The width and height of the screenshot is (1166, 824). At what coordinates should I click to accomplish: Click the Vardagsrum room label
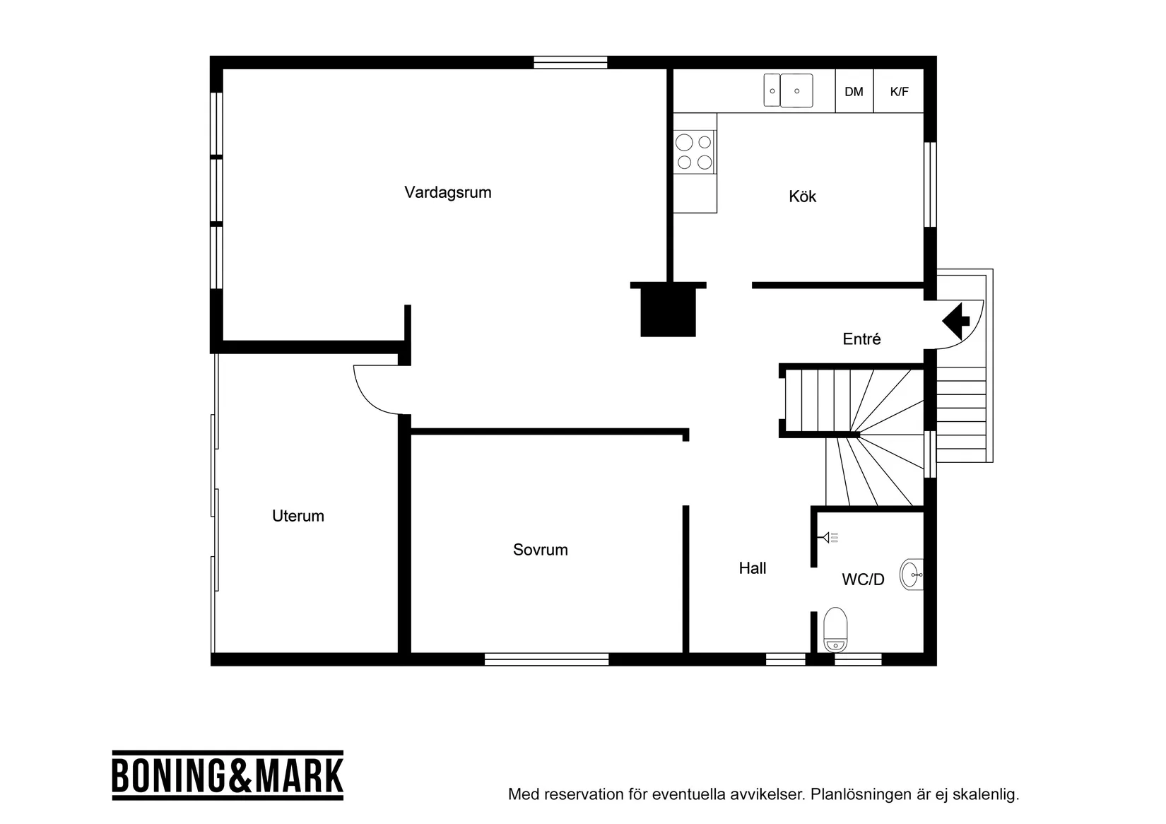tap(447, 192)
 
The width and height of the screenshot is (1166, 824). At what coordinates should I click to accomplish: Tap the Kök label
tap(802, 196)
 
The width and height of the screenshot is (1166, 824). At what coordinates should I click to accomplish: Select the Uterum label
tap(298, 516)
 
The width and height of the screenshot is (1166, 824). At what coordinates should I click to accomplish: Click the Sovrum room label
tap(540, 550)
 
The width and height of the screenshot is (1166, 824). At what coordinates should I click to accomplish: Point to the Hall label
tap(752, 568)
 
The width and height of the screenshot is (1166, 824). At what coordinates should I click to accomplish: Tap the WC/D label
tap(862, 579)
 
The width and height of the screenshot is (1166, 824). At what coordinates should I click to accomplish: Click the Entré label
tap(861, 339)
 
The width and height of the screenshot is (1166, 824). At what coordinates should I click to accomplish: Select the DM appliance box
tap(854, 91)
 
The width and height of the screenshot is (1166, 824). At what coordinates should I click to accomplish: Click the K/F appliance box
tap(899, 91)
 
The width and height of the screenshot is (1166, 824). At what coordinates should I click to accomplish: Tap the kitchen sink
tap(788, 90)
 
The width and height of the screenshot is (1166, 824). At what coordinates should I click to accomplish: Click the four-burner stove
tap(694, 153)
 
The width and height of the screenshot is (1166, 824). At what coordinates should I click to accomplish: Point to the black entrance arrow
tap(956, 320)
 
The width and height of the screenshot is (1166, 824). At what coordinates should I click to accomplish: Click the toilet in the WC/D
tap(835, 629)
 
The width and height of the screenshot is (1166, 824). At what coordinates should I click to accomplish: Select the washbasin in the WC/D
tap(912, 575)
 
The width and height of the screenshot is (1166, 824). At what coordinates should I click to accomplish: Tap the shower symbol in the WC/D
tap(828, 538)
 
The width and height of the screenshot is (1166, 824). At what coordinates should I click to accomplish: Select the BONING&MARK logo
tap(228, 775)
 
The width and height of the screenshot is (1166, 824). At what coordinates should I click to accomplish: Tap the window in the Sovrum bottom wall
tap(546, 659)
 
